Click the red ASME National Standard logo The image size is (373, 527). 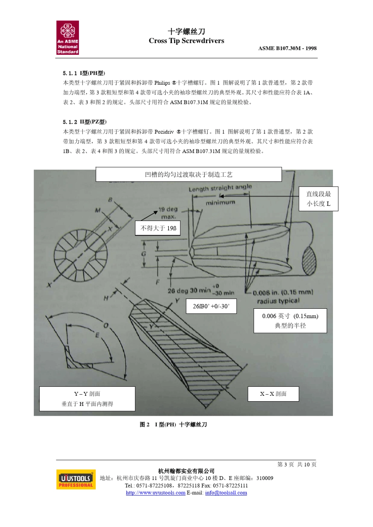coord(68,38)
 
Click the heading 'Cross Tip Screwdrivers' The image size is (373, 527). coord(186,41)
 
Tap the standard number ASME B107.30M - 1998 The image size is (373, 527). coord(287,48)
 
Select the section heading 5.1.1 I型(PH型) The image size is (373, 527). coord(84,73)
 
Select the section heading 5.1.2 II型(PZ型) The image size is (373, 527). coord(85,122)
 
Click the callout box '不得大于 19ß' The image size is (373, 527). coord(158,228)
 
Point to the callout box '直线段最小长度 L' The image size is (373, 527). coord(318,199)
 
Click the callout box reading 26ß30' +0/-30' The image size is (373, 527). coord(211,306)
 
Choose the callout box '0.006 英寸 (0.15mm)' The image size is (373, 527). coord(290,321)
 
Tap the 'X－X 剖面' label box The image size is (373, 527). coord(273,394)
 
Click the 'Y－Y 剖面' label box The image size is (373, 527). coord(87,398)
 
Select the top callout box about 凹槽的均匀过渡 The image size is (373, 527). coord(188,174)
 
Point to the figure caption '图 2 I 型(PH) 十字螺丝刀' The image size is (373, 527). coord(173,424)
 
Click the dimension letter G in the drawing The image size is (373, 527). coord(144,254)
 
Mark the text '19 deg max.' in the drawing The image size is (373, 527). coord(168,213)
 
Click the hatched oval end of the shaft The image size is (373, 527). coord(309,260)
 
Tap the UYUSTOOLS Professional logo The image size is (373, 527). coord(76,479)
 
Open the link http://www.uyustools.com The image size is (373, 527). coord(155,493)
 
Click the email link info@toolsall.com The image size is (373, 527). coord(226,493)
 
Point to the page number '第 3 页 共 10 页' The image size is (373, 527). coord(297,464)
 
